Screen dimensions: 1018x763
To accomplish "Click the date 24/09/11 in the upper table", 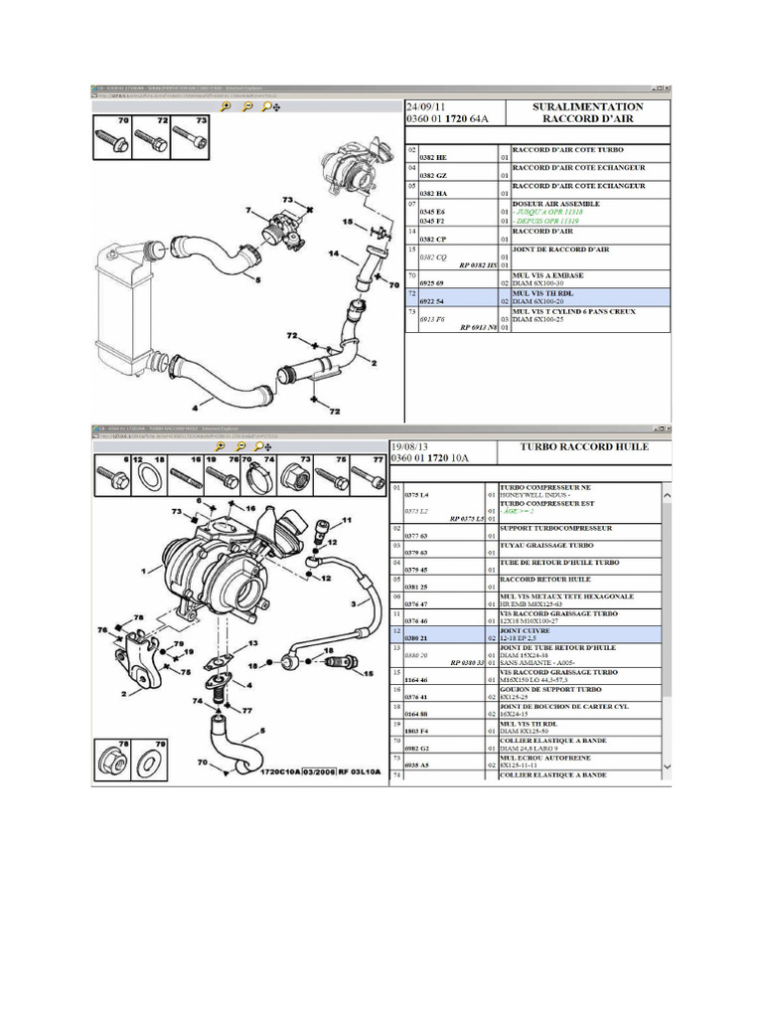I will pos(431,106).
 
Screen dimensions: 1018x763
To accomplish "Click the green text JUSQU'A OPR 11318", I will pos(548,212).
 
